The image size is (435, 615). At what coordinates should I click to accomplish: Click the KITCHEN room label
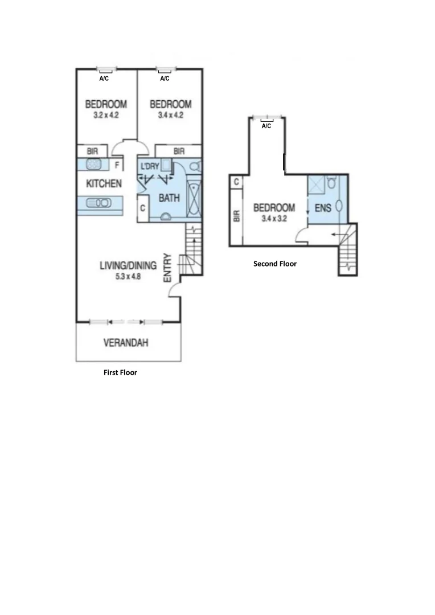point(103,183)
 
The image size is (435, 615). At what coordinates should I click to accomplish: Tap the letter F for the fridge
point(117,166)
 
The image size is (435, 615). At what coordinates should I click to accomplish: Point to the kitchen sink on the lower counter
point(98,202)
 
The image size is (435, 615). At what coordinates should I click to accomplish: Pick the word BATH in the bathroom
point(169,198)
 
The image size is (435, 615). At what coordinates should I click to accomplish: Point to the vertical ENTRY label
point(167,268)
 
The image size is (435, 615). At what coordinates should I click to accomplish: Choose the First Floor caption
point(120,372)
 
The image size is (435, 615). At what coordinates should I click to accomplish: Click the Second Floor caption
point(275,264)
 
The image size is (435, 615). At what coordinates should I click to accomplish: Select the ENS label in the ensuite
point(323,208)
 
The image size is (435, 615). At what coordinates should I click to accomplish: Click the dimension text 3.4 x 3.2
point(274,218)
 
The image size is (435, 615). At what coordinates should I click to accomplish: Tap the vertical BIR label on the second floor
point(236,216)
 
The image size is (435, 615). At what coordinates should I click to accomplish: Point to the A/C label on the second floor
point(266,126)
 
